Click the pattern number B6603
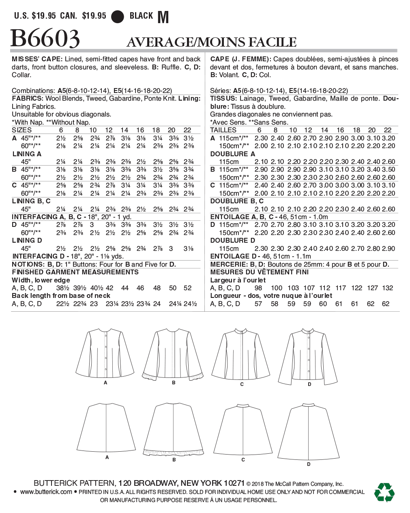pyautogui.click(x=45, y=39)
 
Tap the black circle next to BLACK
pyautogui.click(x=118, y=16)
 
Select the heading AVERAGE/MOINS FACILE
pyautogui.click(x=211, y=42)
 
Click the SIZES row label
pyautogui.click(x=21, y=130)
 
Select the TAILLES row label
pyautogui.click(x=223, y=130)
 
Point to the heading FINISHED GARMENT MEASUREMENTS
pyautogui.click(x=75, y=272)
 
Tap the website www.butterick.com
pyautogui.click(x=46, y=492)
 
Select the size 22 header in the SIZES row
pyautogui.click(x=187, y=130)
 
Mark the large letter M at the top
pyautogui.click(x=163, y=17)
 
